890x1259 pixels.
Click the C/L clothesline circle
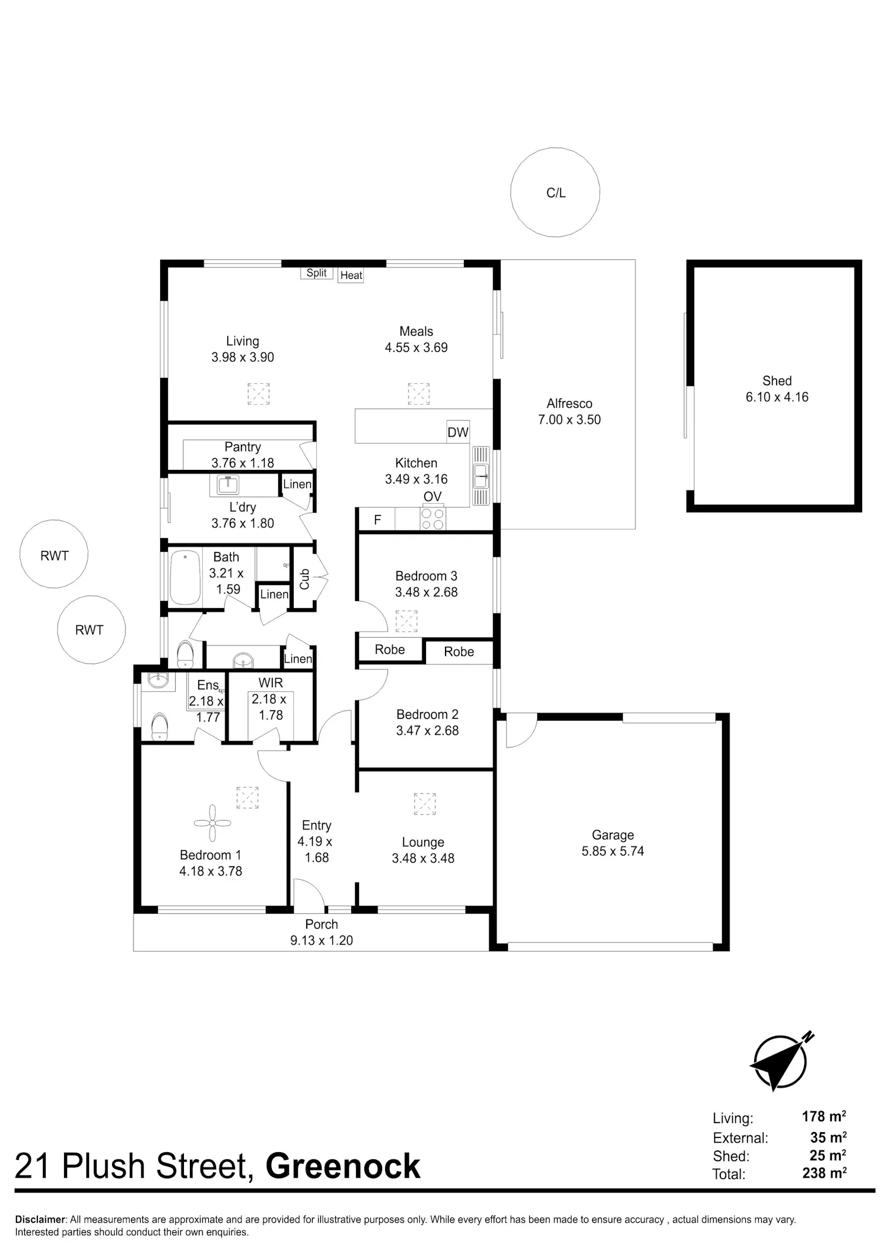click(511, 193)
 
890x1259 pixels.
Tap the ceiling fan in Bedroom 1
click(212, 823)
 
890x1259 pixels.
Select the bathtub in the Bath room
click(186, 578)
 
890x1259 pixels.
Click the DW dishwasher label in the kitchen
click(458, 432)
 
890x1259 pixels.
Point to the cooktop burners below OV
click(433, 519)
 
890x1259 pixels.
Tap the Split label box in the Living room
click(316, 273)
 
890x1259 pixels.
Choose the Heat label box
click(351, 275)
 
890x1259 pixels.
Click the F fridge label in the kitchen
click(377, 520)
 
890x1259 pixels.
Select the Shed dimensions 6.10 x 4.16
click(777, 397)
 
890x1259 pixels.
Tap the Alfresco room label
click(570, 403)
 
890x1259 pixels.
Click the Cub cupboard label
click(304, 579)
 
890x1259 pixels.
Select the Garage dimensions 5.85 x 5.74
click(613, 851)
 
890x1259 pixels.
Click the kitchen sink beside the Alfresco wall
click(481, 476)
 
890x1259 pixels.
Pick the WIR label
click(271, 683)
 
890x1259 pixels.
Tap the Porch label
click(322, 924)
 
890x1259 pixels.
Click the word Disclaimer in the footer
click(40, 1220)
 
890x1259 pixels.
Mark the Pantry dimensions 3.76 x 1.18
click(243, 463)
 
